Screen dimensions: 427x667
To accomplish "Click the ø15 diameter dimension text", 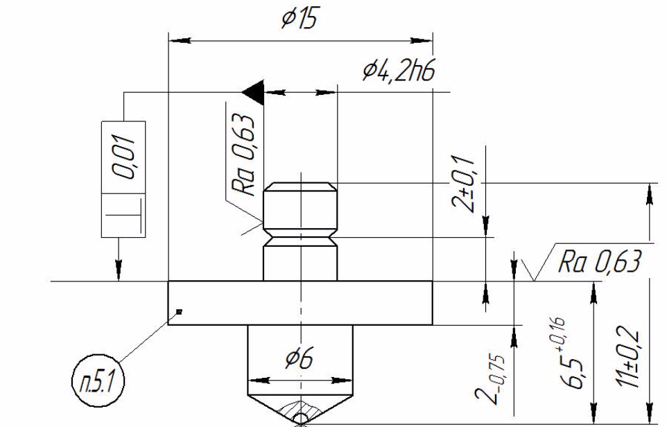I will point(298,19).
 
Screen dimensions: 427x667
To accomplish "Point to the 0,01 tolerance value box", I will point(124,157).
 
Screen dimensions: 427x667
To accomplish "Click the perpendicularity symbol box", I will point(124,216).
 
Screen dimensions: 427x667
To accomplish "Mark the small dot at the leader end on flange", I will point(179,311).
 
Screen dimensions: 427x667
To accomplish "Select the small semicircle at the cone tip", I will point(301,418).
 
